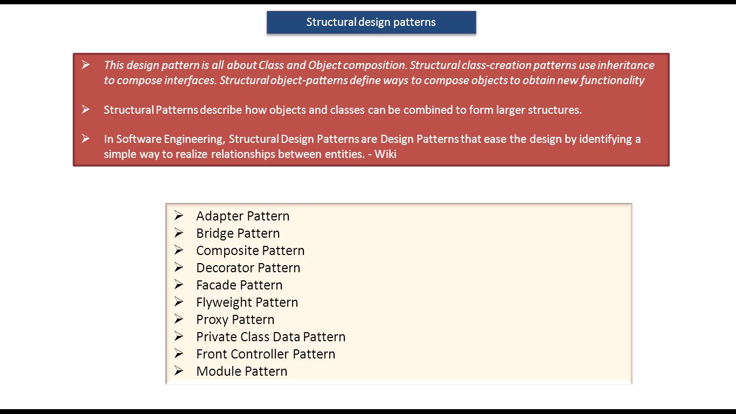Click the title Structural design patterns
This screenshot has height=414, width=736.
coord(371,22)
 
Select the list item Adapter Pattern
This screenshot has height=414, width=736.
coord(242,216)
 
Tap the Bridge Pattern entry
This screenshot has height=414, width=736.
coord(238,233)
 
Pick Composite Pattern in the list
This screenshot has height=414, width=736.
coord(250,251)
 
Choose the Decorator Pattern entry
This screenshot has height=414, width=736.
coord(248,268)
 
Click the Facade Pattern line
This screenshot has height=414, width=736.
coord(239,285)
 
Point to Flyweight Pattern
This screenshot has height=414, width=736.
coord(247,302)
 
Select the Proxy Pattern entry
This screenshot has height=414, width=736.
coord(235,320)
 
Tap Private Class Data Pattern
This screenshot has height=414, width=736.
coord(270,337)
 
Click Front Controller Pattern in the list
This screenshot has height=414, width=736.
coord(266,354)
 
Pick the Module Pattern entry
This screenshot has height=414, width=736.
coord(241,371)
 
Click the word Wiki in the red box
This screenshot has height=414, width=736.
coord(385,154)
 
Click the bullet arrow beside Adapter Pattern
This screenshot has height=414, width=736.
coord(179,216)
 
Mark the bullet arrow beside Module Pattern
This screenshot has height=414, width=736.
coord(179,371)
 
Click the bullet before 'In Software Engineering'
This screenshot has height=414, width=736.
coord(86,139)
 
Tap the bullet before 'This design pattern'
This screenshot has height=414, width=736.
coord(86,65)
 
